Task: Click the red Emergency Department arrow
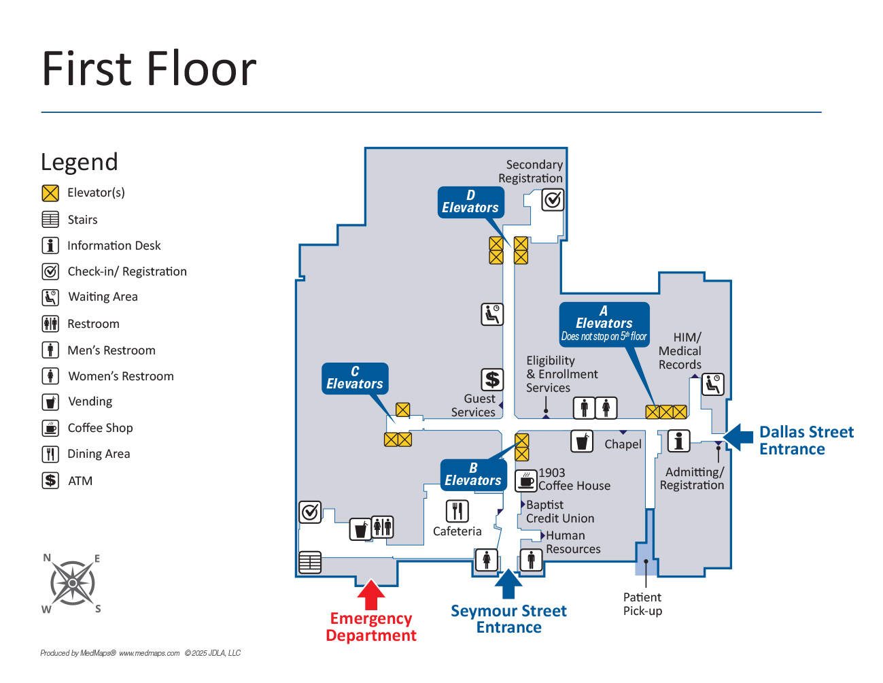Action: [371, 594]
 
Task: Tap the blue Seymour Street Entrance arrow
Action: [508, 584]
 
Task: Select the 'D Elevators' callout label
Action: [470, 202]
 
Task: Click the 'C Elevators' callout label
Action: [355, 378]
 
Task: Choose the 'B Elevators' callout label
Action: [473, 475]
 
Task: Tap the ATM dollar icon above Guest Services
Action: [492, 380]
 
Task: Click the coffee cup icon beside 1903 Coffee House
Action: [525, 480]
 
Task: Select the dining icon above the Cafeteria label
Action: [457, 510]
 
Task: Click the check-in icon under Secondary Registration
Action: [553, 200]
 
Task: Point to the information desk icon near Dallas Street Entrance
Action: [678, 441]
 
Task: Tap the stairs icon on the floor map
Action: [310, 562]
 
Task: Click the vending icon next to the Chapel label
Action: [581, 442]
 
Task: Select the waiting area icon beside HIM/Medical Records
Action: [712, 384]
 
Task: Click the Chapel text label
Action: [623, 444]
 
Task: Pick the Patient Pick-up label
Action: [642, 604]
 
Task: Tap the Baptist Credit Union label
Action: [559, 512]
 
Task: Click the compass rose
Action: [72, 583]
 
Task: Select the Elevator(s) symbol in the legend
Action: [50, 193]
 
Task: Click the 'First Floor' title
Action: [149, 69]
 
